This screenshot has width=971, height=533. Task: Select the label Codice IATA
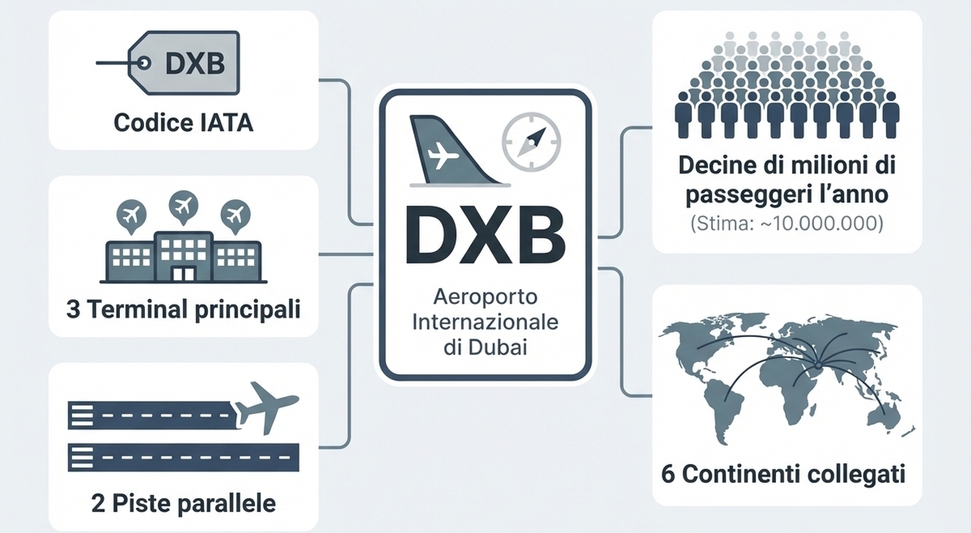(x=183, y=122)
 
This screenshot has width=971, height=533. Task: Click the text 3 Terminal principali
(x=183, y=310)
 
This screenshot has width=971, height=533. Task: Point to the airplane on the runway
(x=267, y=407)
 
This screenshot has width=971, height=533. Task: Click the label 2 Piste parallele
(x=183, y=503)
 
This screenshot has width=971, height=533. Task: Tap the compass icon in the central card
(x=530, y=142)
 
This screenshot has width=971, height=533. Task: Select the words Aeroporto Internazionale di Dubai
(x=485, y=322)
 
